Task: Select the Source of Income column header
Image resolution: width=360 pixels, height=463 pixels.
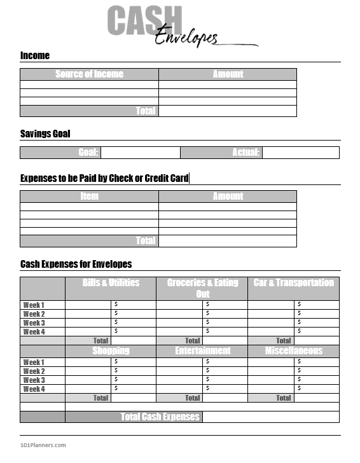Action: point(89,74)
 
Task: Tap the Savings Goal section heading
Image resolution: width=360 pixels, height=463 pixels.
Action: point(45,134)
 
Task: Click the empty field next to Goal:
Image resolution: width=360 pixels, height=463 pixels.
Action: point(141,153)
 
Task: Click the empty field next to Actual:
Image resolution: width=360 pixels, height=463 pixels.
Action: point(300,153)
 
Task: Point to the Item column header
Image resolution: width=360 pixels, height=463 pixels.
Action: point(89,197)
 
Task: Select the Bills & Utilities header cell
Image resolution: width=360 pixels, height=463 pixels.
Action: point(111,283)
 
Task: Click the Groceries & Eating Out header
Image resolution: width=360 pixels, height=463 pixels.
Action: point(202,288)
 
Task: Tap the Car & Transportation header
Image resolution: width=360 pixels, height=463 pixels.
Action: point(293,283)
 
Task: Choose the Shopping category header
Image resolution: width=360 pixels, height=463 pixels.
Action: point(111,351)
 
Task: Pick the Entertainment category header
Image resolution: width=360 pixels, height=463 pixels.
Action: point(202,351)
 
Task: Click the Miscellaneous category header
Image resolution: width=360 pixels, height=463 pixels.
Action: point(293,351)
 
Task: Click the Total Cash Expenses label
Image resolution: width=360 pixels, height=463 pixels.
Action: point(160,417)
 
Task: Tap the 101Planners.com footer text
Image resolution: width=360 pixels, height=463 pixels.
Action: point(43,445)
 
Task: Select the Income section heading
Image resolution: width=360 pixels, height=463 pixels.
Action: point(35,56)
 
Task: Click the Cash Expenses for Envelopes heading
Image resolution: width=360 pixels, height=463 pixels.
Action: point(76,264)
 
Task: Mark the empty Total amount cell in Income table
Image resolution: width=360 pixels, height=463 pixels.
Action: point(227,111)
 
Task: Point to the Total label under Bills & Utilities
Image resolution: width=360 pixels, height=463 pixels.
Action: point(100,341)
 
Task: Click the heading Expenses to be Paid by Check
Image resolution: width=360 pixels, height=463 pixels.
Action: point(104,178)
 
